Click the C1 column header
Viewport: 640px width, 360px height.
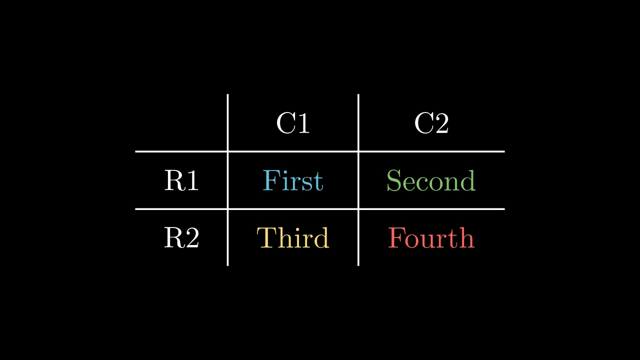(x=293, y=123)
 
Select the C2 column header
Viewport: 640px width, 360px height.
(x=431, y=123)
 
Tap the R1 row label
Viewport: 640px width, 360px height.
(x=181, y=180)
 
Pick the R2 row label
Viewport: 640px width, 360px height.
(x=181, y=237)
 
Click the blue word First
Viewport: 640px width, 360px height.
(x=293, y=180)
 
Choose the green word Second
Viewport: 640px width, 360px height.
(x=431, y=180)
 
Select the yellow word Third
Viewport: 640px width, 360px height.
(x=293, y=237)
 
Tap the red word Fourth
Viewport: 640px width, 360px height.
(x=431, y=237)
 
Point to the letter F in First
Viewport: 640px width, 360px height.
(x=271, y=180)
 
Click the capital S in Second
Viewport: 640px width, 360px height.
(x=394, y=180)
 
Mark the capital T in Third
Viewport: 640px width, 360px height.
(x=267, y=237)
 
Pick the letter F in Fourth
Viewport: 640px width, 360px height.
(x=396, y=237)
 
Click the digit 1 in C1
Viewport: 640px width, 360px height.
(x=303, y=123)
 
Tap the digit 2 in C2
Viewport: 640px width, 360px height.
(x=441, y=123)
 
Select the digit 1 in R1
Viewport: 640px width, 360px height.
(x=192, y=180)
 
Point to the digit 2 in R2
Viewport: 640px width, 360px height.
(x=192, y=237)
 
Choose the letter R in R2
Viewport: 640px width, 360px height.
(x=174, y=237)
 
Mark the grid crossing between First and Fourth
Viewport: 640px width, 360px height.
(x=358, y=209)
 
